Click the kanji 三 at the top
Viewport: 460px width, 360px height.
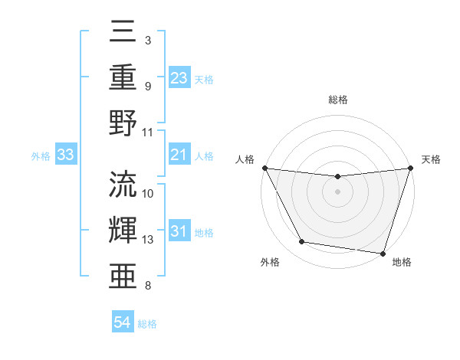tap(123, 34)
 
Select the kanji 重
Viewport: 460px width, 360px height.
tap(123, 78)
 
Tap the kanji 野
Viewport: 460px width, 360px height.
tap(123, 123)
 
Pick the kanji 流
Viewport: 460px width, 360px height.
tap(123, 185)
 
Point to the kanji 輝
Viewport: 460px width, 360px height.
tap(123, 230)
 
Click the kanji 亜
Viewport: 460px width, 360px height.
tap(123, 274)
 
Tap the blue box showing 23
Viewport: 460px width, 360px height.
tap(179, 78)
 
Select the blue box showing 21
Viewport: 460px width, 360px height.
tap(179, 155)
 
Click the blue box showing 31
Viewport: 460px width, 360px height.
tap(179, 231)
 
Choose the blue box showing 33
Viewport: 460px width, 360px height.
tap(66, 155)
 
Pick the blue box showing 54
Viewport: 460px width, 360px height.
tap(123, 322)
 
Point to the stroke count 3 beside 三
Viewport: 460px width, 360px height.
tap(147, 40)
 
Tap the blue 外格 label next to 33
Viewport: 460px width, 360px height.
tap(41, 156)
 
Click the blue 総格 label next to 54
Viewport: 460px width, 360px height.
tap(147, 324)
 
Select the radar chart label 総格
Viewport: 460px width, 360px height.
tap(337, 100)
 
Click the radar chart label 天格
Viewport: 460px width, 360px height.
tap(432, 159)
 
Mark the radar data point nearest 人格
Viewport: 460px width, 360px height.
tap(264, 168)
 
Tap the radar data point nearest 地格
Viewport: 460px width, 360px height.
tap(383, 253)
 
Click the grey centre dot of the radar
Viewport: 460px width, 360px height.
tap(337, 191)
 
